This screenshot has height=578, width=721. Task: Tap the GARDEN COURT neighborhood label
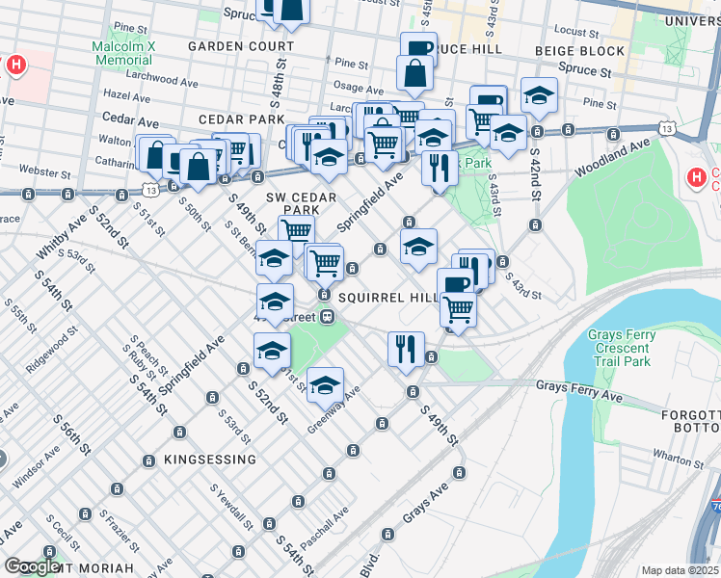coord(241,46)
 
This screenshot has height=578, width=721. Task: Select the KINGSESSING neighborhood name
coord(210,460)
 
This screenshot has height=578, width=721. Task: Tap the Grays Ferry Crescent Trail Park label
coord(619,348)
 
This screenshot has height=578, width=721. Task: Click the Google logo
coord(33,567)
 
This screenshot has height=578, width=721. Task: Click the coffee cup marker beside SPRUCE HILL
coord(418,50)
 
